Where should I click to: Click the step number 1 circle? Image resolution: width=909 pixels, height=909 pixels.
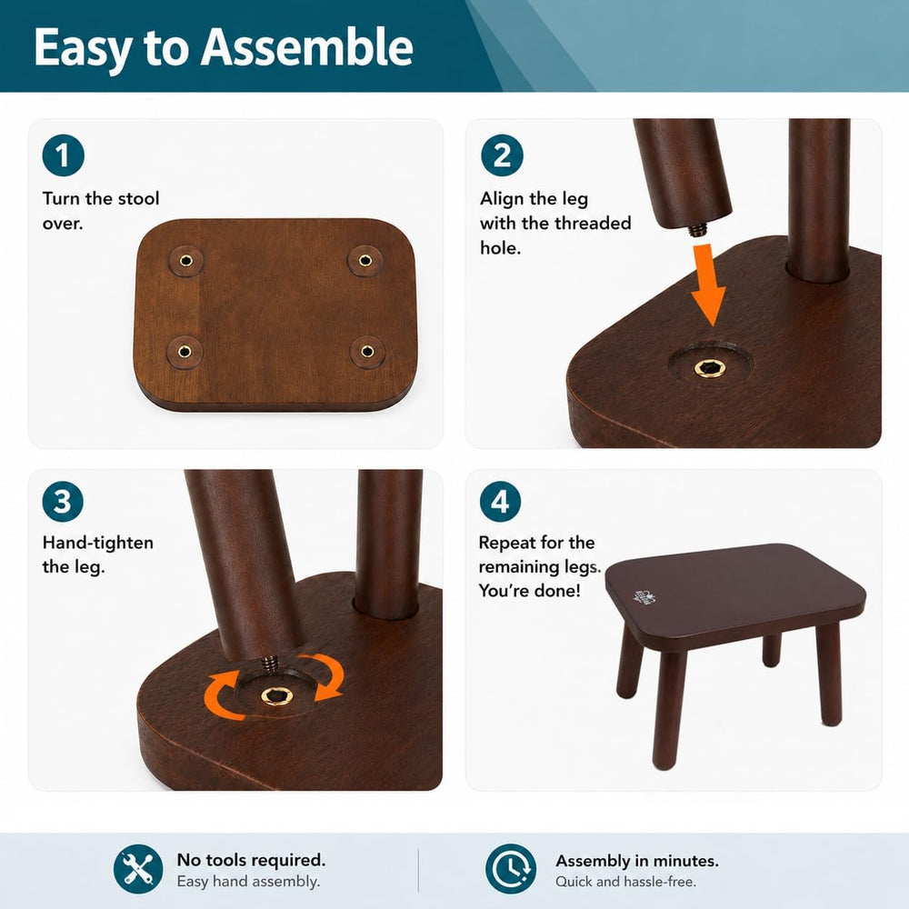(64, 155)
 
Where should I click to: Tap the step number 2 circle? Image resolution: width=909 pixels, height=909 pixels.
(502, 155)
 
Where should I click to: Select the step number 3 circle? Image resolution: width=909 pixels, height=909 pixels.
(63, 501)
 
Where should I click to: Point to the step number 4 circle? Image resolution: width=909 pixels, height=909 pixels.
(500, 501)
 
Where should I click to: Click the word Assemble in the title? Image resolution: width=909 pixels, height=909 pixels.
(306, 47)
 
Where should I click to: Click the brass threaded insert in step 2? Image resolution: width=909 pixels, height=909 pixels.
(709, 367)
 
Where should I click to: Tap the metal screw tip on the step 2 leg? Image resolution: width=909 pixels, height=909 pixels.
(697, 230)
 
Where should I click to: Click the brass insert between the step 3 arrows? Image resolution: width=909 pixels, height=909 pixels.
(276, 695)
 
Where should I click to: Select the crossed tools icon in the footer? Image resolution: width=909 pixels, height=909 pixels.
(138, 868)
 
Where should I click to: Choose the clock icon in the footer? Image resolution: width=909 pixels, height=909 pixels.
(511, 868)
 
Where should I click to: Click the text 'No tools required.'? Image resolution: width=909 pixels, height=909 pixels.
(251, 859)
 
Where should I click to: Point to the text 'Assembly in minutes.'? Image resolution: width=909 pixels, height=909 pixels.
(637, 860)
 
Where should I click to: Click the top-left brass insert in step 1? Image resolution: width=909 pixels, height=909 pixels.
(186, 260)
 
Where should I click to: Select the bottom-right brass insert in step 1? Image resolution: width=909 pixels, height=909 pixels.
(367, 351)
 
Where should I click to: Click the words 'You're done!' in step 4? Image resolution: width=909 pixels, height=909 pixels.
(529, 591)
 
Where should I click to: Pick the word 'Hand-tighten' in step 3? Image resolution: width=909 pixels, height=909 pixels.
(98, 543)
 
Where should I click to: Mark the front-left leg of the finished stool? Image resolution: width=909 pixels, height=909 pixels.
(668, 711)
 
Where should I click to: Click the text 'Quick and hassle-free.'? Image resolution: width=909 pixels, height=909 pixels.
(625, 882)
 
